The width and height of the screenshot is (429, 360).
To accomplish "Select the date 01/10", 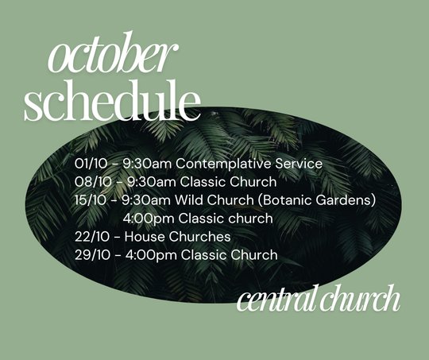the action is coord(91,164).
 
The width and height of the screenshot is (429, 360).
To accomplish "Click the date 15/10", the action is coord(90,200).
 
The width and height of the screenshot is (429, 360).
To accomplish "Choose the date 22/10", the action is coord(92,237).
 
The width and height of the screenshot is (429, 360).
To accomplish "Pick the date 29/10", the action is coord(92,255).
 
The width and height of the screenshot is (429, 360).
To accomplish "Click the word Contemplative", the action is coord(223,165).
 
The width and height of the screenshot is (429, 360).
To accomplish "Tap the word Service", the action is coord(299,164).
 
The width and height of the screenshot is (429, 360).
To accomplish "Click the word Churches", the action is coord(199,237).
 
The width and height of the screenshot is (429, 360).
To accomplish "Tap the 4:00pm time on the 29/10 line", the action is coord(151,256).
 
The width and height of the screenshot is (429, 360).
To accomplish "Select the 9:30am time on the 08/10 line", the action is coord(152,182).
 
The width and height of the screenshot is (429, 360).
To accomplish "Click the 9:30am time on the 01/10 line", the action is coord(147,164).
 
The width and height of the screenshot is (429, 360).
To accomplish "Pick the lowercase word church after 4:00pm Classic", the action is coord(250,219).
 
